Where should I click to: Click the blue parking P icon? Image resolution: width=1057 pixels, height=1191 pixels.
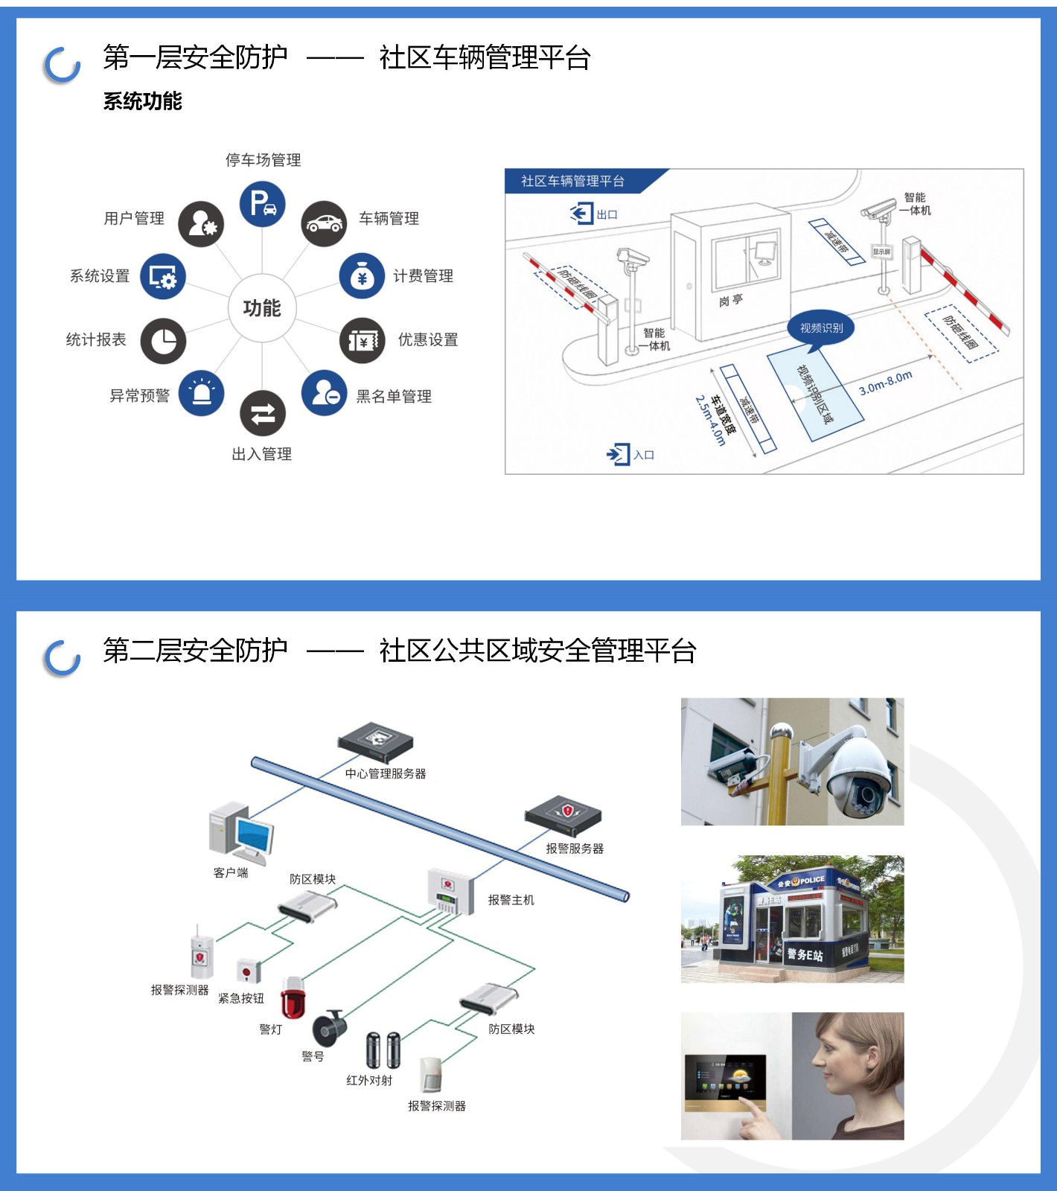[262, 203]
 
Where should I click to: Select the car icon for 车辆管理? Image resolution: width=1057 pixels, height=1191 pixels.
[324, 223]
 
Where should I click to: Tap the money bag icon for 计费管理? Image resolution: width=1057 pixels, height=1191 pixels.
[362, 276]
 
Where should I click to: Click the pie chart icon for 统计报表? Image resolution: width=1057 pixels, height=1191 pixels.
[163, 341]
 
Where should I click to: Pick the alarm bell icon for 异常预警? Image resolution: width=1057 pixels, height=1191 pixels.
[202, 393]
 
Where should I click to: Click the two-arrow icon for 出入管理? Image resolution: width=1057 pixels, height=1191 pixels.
[262, 413]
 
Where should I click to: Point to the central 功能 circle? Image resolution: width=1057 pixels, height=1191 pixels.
[262, 307]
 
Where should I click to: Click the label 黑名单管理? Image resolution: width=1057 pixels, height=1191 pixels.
[394, 396]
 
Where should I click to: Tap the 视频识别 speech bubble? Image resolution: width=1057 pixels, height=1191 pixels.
[821, 328]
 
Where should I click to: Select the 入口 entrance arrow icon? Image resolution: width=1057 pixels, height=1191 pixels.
[618, 454]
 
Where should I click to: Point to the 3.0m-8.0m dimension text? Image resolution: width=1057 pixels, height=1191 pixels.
[885, 383]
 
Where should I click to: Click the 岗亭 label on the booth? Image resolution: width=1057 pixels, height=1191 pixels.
[731, 300]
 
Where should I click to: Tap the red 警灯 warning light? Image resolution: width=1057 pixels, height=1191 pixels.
[293, 997]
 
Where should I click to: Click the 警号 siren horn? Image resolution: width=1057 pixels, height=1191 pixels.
[328, 1029]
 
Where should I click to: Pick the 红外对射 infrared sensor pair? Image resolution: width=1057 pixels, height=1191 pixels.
[383, 1050]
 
